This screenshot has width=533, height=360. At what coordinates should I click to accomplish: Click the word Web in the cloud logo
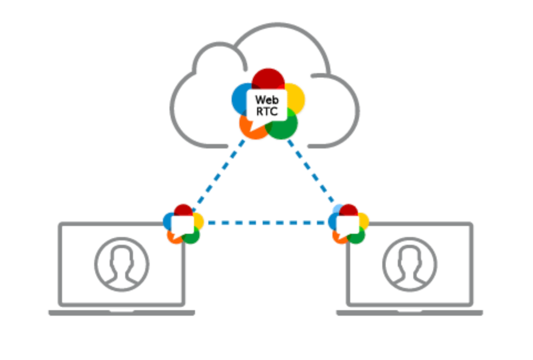(267, 100)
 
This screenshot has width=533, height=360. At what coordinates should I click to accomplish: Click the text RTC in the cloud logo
(267, 111)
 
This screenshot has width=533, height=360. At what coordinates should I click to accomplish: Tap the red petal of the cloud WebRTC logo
(268, 78)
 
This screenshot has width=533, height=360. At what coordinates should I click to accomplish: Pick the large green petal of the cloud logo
(284, 126)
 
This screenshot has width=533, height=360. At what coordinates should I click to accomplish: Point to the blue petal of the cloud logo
(240, 99)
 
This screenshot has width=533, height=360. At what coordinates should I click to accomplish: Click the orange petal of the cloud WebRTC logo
(250, 129)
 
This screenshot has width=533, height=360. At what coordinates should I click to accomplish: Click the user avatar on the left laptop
(122, 264)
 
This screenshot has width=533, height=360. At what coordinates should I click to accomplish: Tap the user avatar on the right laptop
(409, 264)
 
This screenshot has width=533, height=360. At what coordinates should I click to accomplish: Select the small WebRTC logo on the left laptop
(183, 224)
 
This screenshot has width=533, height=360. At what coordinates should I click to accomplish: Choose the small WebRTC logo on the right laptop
(348, 224)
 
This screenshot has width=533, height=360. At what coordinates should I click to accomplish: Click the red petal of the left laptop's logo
(183, 209)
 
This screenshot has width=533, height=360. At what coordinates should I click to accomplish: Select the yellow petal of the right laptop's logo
(364, 220)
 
